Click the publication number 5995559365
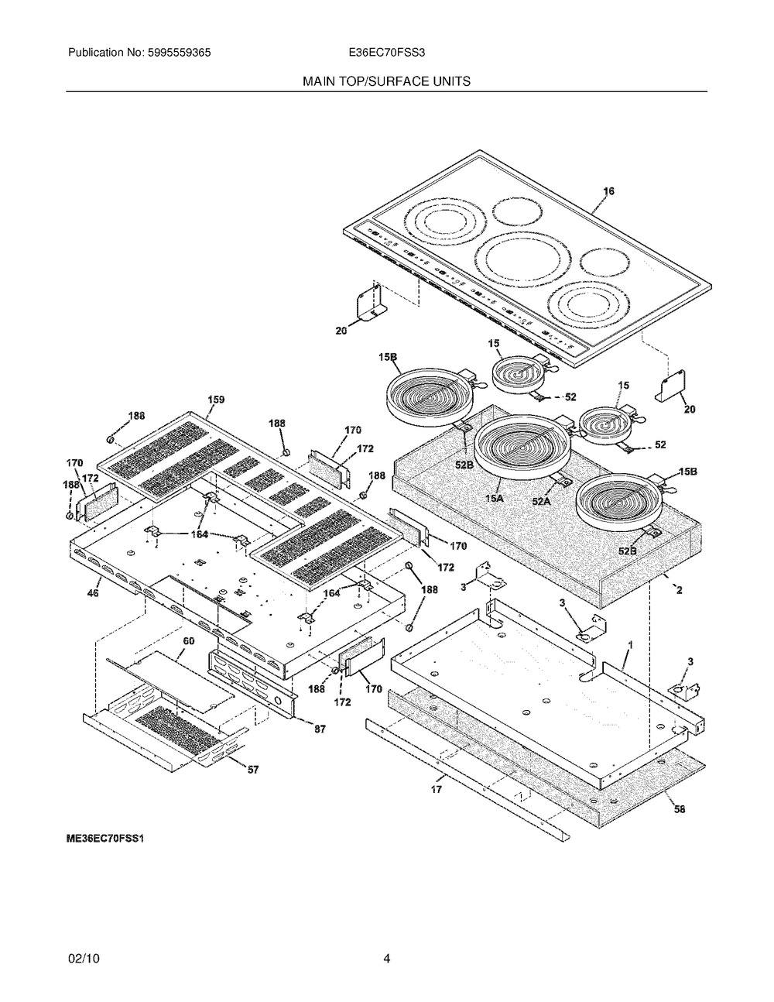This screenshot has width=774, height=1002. click(179, 53)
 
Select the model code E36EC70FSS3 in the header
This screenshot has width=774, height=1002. click(387, 53)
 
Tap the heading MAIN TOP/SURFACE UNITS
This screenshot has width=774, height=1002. click(386, 81)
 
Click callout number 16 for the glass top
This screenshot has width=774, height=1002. click(608, 191)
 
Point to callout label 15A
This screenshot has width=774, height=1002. click(495, 499)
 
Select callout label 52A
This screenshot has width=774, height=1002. click(541, 501)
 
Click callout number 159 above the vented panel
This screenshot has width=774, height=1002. click(216, 400)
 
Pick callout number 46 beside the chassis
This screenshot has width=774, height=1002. click(93, 592)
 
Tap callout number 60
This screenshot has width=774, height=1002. click(188, 641)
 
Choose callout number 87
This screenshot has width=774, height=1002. click(320, 729)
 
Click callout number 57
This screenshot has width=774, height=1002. click(253, 770)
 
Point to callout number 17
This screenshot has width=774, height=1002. click(437, 789)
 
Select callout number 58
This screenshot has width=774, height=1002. click(680, 808)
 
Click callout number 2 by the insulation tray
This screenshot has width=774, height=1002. click(679, 590)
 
